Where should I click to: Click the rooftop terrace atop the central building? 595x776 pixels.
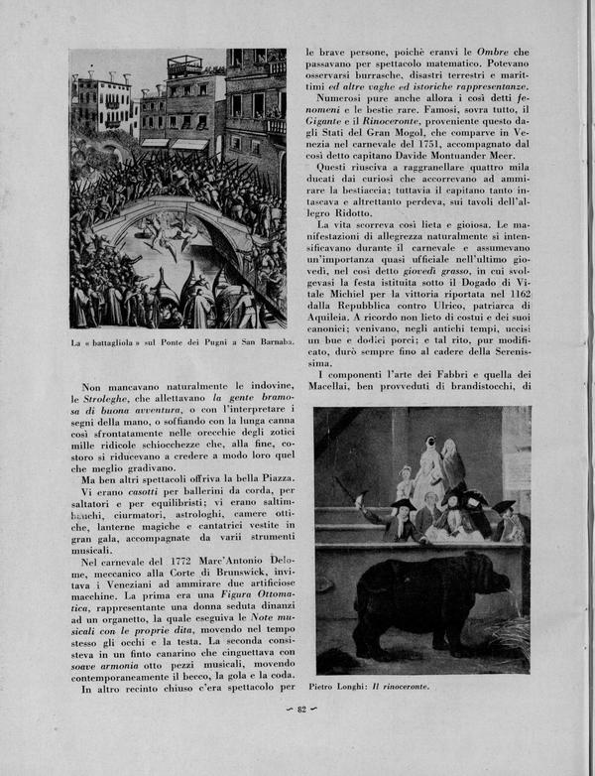point(184,65)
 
